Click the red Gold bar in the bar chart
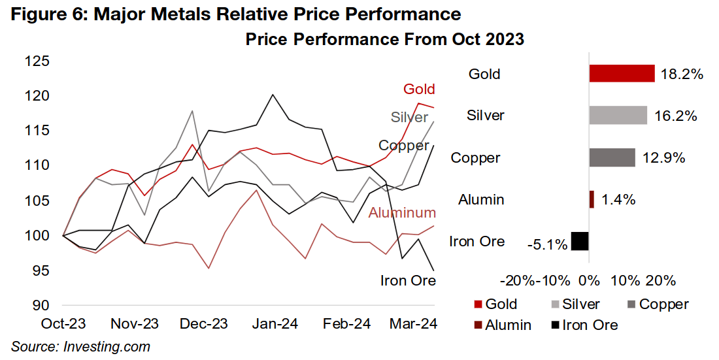(x=622, y=73)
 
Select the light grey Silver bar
(x=618, y=116)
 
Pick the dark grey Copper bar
(x=612, y=157)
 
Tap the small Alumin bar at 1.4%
(x=592, y=199)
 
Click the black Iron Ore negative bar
(x=580, y=241)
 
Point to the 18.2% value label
(x=681, y=74)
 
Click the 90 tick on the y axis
(x=41, y=305)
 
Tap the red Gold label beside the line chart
(x=419, y=89)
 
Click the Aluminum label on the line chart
(x=402, y=213)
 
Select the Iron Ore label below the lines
(x=408, y=281)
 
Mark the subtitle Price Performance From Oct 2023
(x=384, y=39)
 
